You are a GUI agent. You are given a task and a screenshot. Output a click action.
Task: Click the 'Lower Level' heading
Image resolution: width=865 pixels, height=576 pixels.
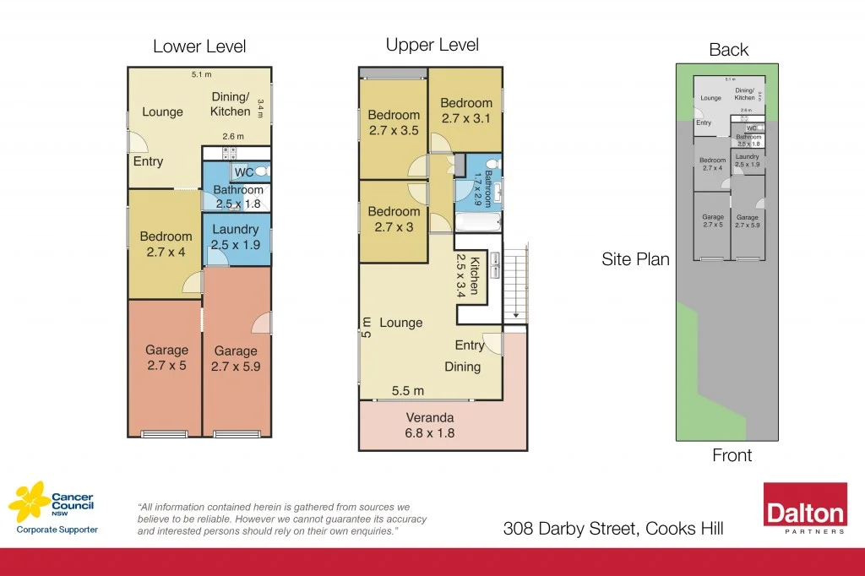tap(199, 46)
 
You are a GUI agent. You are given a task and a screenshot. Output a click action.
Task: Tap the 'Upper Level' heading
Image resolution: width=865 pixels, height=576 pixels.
tap(432, 45)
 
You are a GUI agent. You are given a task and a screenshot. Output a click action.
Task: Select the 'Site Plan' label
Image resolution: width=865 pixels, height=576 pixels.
tap(635, 259)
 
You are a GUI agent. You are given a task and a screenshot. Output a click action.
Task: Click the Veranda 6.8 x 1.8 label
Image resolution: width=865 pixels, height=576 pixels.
tap(430, 425)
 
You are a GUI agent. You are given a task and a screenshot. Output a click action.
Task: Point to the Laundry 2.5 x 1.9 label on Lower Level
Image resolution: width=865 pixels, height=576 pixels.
tap(235, 237)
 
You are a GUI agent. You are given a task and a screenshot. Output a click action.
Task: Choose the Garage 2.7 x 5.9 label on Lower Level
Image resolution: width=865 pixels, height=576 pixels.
tap(236, 358)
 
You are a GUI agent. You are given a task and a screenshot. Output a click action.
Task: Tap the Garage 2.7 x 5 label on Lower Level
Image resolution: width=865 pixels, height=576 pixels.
tap(166, 357)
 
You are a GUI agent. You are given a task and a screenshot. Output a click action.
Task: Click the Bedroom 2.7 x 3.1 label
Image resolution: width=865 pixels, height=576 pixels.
tap(465, 111)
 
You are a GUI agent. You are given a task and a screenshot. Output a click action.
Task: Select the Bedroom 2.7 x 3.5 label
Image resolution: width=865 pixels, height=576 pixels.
tap(394, 122)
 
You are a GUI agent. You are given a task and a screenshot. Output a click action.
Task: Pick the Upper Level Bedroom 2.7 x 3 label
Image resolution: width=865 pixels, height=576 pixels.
tap(394, 219)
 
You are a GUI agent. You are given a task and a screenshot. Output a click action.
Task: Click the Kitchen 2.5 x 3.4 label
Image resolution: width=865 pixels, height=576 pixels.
tap(479, 275)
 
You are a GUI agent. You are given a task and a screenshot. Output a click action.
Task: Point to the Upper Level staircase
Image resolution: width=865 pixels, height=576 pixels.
tap(514, 282)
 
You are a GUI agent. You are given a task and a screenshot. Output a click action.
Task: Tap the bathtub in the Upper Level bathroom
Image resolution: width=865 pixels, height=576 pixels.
tap(478, 222)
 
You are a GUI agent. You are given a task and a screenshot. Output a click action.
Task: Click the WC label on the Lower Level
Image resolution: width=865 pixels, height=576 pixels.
tap(243, 172)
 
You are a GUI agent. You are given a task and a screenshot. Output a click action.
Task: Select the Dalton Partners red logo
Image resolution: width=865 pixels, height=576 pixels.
tap(805, 508)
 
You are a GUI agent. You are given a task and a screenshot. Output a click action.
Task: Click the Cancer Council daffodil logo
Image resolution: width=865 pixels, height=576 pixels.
tap(28, 502)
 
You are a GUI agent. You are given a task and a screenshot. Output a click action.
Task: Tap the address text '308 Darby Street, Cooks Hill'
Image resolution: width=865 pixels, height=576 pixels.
tap(612, 529)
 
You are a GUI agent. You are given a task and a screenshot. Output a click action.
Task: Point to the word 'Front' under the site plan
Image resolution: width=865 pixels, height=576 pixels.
tap(732, 455)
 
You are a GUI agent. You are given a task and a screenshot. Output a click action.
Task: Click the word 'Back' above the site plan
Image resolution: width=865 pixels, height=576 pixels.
tap(728, 50)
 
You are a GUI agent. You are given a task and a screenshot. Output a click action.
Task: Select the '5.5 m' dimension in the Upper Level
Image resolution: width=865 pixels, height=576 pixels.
tap(408, 390)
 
